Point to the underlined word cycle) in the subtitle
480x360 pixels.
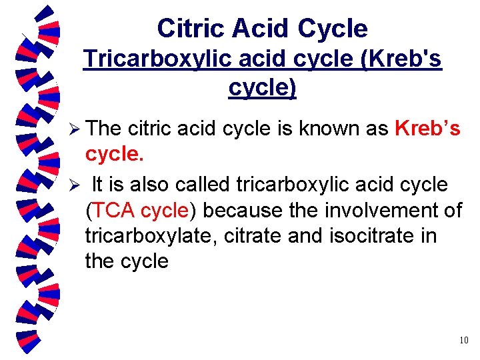tap(262, 87)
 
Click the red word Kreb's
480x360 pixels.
tap(427, 128)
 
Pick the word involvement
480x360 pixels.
tap(378, 211)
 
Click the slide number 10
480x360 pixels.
tap(464, 341)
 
